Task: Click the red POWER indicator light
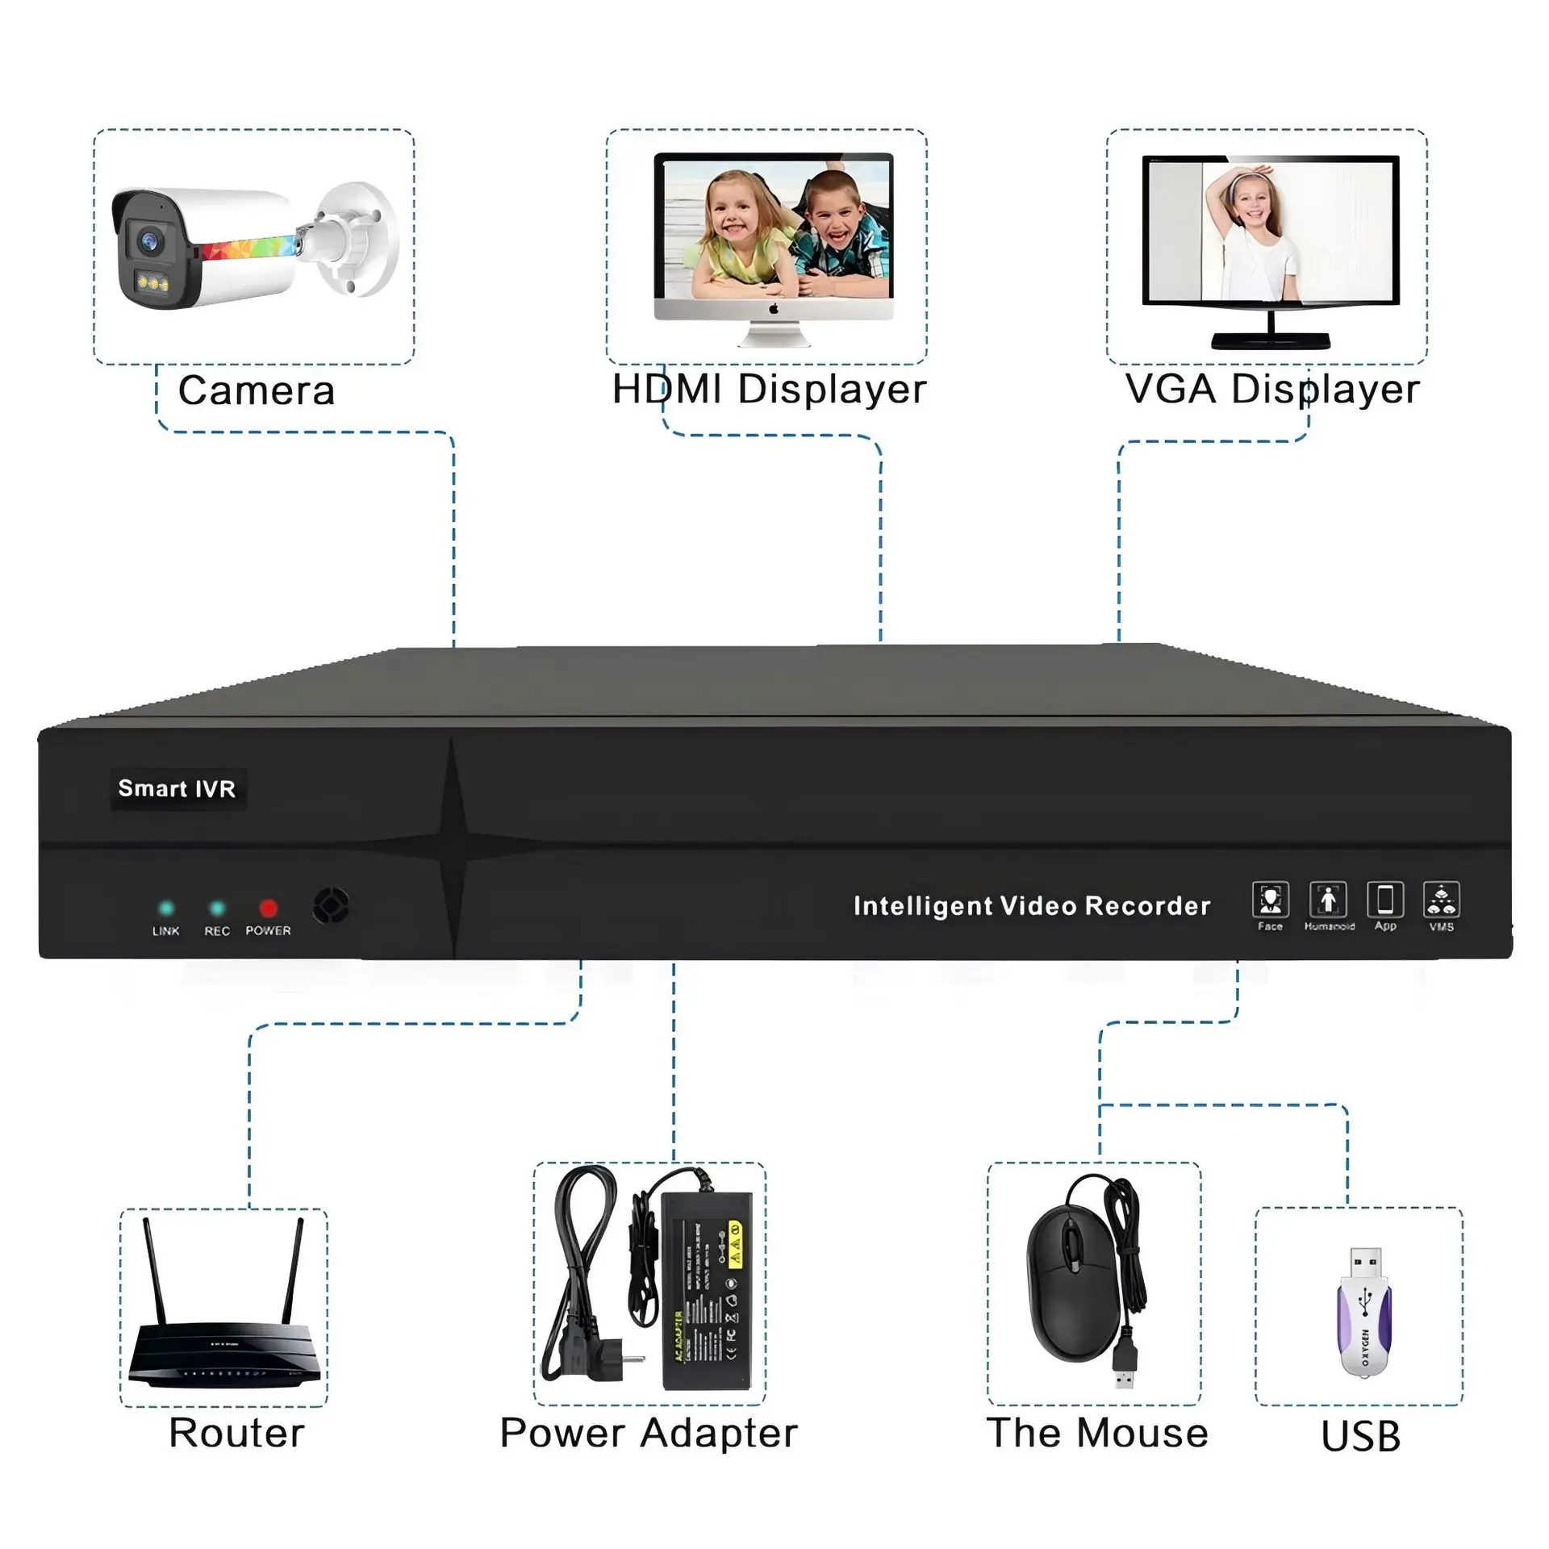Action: point(268,908)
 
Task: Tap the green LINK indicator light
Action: point(166,908)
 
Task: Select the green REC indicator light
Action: point(217,908)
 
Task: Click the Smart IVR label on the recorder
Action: point(177,788)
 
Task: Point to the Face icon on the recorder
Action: point(1270,900)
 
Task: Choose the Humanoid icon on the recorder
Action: point(1328,900)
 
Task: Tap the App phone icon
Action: point(1385,900)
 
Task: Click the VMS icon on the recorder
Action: point(1442,900)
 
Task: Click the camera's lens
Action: point(148,240)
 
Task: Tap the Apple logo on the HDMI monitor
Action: point(774,309)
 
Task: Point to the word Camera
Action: point(257,391)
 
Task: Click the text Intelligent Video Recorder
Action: point(1032,906)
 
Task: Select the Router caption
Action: point(236,1434)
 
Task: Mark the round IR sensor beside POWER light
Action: point(332,905)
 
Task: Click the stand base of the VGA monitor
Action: point(1271,340)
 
